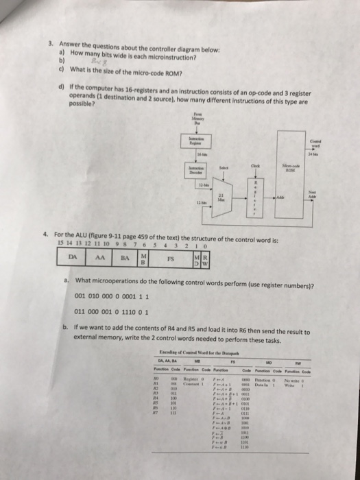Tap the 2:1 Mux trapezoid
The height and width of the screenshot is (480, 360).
(x=221, y=197)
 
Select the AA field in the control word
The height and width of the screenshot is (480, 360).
(x=100, y=260)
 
